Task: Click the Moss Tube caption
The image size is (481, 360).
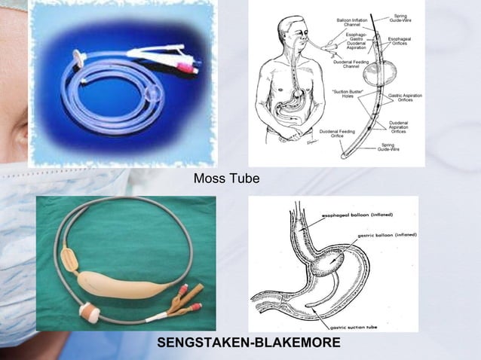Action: click(x=226, y=179)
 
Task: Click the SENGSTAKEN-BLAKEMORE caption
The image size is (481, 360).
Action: click(x=249, y=343)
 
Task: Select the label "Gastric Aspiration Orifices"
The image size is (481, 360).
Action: click(x=406, y=99)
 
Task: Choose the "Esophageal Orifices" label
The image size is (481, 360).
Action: click(x=399, y=42)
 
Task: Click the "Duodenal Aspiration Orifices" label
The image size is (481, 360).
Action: click(x=400, y=126)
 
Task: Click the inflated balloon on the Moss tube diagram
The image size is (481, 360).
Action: click(x=375, y=76)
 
